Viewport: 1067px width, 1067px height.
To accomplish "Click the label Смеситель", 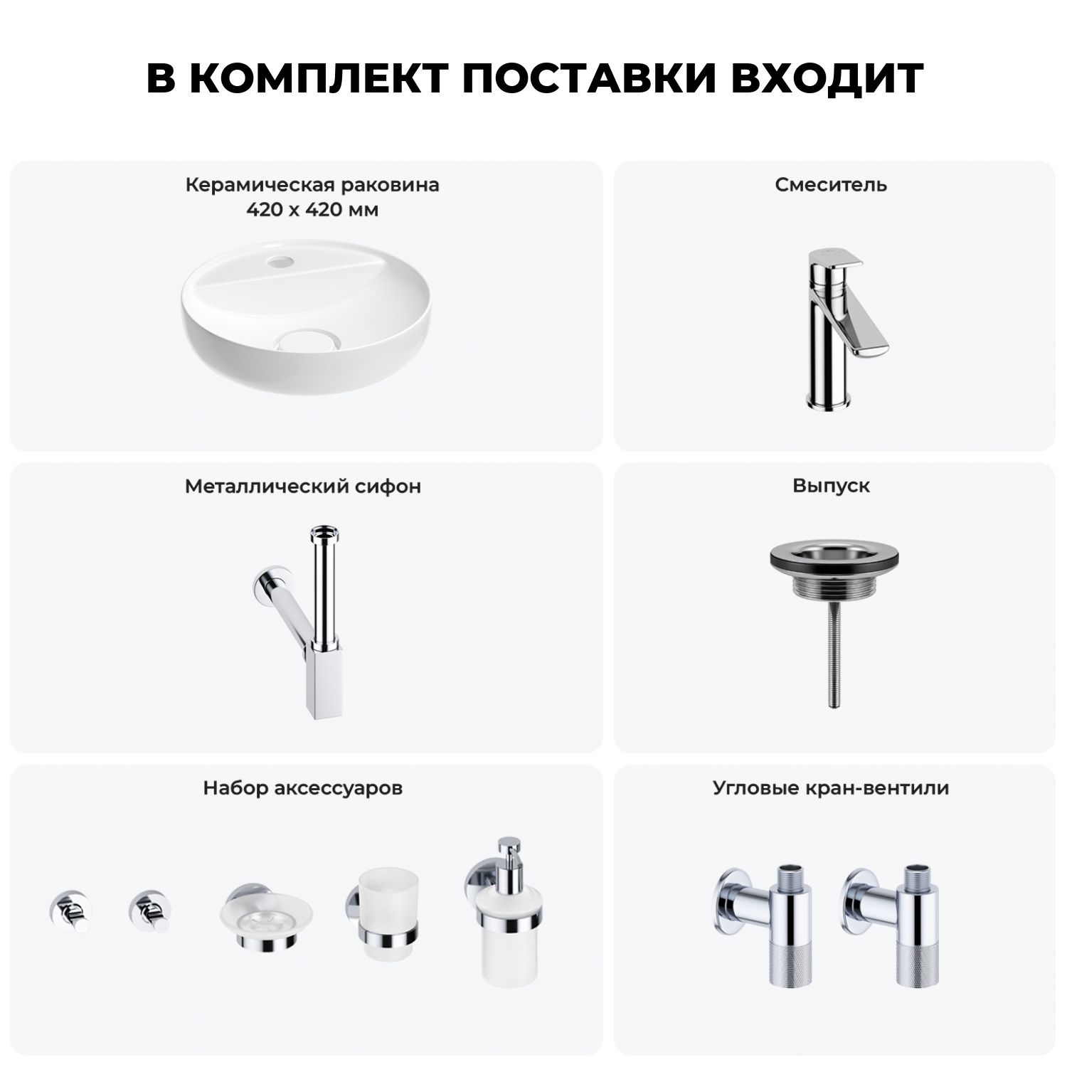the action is pyautogui.click(x=831, y=185).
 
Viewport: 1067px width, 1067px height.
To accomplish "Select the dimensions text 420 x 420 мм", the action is pyautogui.click(x=312, y=210).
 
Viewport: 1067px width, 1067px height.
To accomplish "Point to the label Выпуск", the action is pyautogui.click(x=831, y=487).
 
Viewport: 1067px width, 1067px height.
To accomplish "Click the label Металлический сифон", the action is pyautogui.click(x=303, y=487).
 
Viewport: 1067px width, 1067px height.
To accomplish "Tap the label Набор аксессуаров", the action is pyautogui.click(x=303, y=788).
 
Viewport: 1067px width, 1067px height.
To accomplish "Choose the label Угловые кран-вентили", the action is pyautogui.click(x=831, y=788).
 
